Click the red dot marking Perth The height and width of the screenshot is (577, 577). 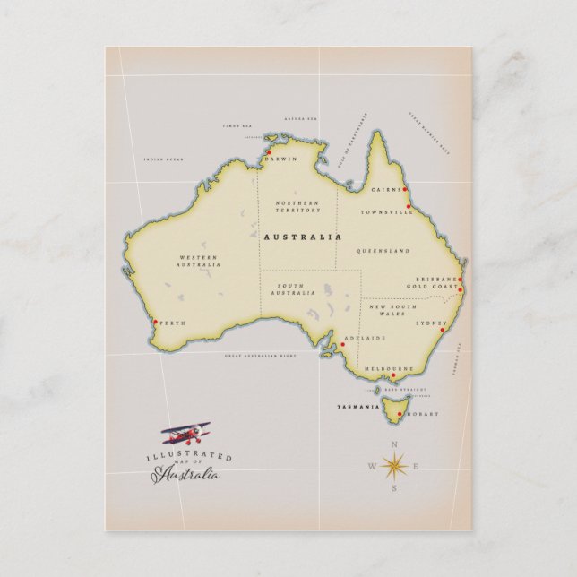[x=156, y=323]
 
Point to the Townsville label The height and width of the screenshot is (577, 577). [x=386, y=212]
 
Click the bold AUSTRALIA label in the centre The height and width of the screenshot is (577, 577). [x=302, y=237]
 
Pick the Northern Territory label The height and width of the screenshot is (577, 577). [x=297, y=206]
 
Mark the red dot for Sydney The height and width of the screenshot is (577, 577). [x=443, y=330]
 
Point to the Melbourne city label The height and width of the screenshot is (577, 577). [x=388, y=368]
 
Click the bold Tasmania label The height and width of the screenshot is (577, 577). [x=353, y=406]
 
